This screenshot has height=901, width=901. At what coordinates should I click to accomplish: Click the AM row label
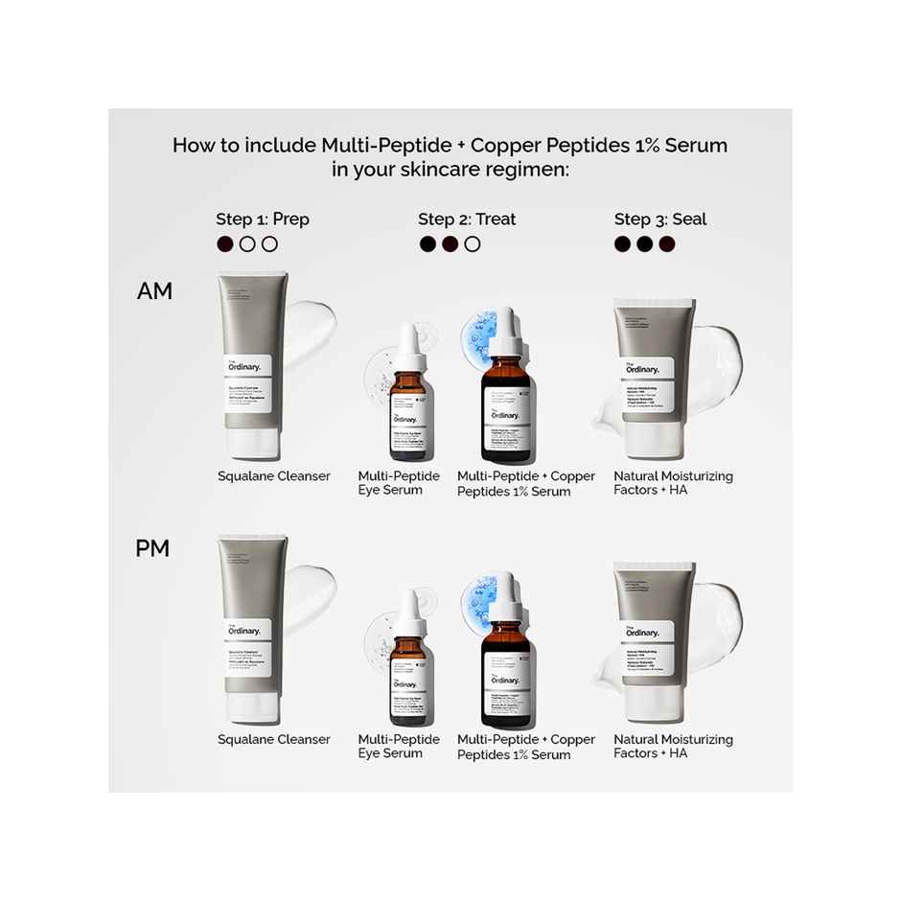point(154,291)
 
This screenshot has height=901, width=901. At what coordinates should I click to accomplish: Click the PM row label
point(152,549)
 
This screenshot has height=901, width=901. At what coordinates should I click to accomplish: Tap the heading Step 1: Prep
point(262,219)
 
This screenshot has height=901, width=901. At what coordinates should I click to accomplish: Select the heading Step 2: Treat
point(467,219)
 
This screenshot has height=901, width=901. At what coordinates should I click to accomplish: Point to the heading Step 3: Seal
point(660,219)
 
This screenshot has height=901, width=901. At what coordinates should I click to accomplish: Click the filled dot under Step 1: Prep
point(225,244)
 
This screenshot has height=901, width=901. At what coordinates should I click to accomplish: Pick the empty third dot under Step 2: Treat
point(473,244)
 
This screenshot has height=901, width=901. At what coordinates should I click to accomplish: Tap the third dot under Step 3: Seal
point(667,244)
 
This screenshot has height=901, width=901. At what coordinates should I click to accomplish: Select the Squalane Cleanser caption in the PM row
point(274,739)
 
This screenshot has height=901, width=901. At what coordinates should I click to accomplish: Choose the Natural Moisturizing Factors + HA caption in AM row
point(673,483)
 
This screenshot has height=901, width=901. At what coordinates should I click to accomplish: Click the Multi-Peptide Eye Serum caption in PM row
point(399,747)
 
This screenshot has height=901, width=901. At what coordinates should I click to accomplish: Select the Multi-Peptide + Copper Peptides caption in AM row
point(526,484)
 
